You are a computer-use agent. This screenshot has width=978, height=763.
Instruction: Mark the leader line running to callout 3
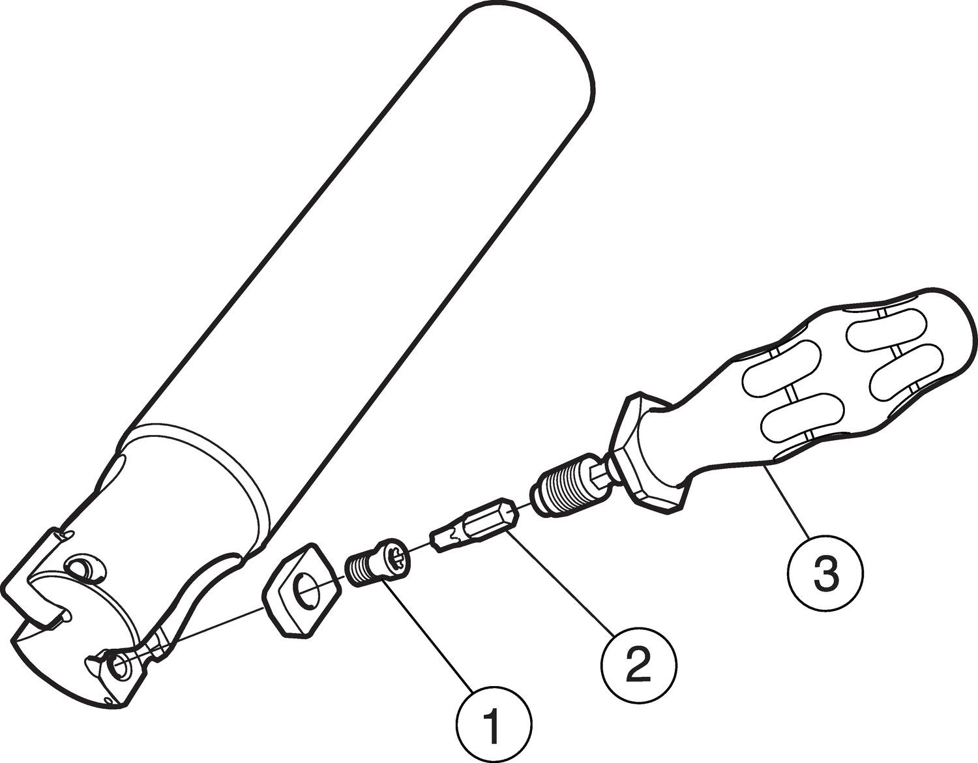click(786, 501)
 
